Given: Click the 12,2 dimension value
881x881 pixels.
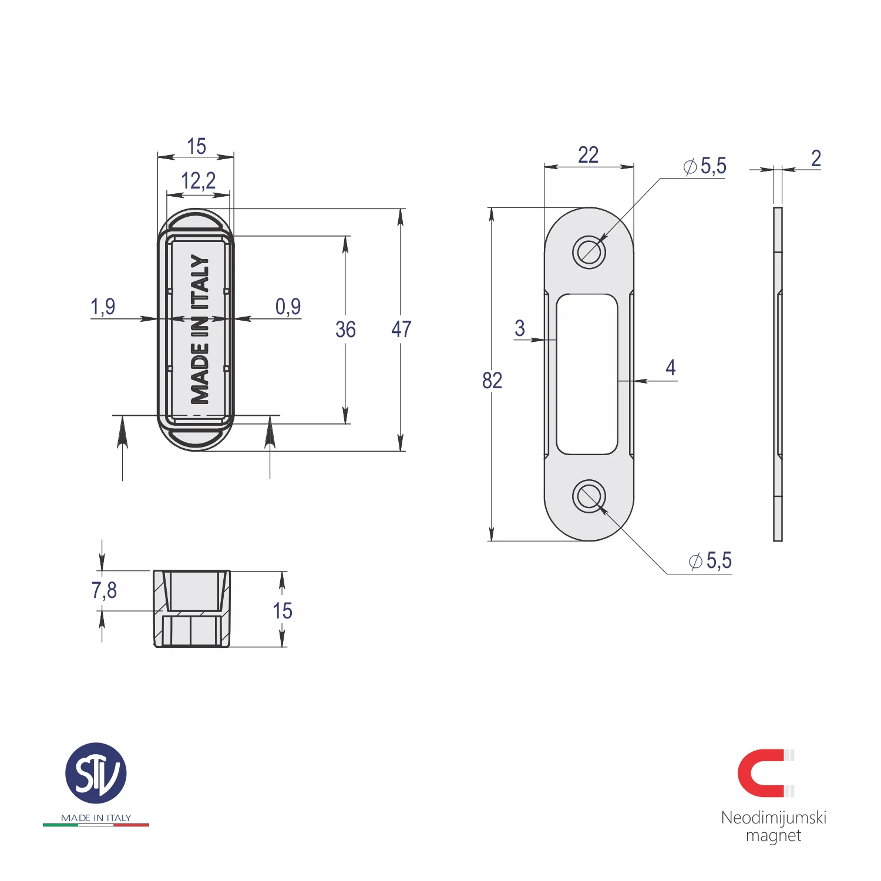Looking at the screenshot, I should pos(198,181).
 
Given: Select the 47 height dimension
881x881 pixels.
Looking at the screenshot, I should pos(401,329).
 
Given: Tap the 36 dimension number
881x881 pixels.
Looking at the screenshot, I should pos(345,329).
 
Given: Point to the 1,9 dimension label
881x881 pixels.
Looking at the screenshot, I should pos(103,307).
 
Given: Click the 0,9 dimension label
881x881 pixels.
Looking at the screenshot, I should pos(288,307).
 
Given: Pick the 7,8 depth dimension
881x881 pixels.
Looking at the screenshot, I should pos(104,590).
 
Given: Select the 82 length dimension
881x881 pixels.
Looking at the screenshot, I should pos(492,381).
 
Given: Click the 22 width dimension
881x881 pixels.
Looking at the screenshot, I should pos(588,155).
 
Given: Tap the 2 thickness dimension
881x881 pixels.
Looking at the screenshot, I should pos(816,159).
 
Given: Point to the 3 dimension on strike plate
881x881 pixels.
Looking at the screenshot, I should pos(519,328).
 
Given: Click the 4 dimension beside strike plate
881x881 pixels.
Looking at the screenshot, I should pos(670,368).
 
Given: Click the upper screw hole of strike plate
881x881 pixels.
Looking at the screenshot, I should pos(589,253).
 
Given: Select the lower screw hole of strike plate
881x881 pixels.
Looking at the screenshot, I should pos(589,496).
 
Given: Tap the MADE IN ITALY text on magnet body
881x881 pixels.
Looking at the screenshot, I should pos(200,329).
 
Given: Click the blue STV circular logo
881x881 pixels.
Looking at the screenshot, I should pos(96,774).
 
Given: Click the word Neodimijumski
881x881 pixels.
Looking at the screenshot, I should pos(774,818).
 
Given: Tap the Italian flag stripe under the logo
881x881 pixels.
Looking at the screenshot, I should pos(96,825).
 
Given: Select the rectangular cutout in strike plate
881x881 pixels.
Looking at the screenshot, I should pos(587,374).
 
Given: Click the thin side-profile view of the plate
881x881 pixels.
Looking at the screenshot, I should pos(778,374).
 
